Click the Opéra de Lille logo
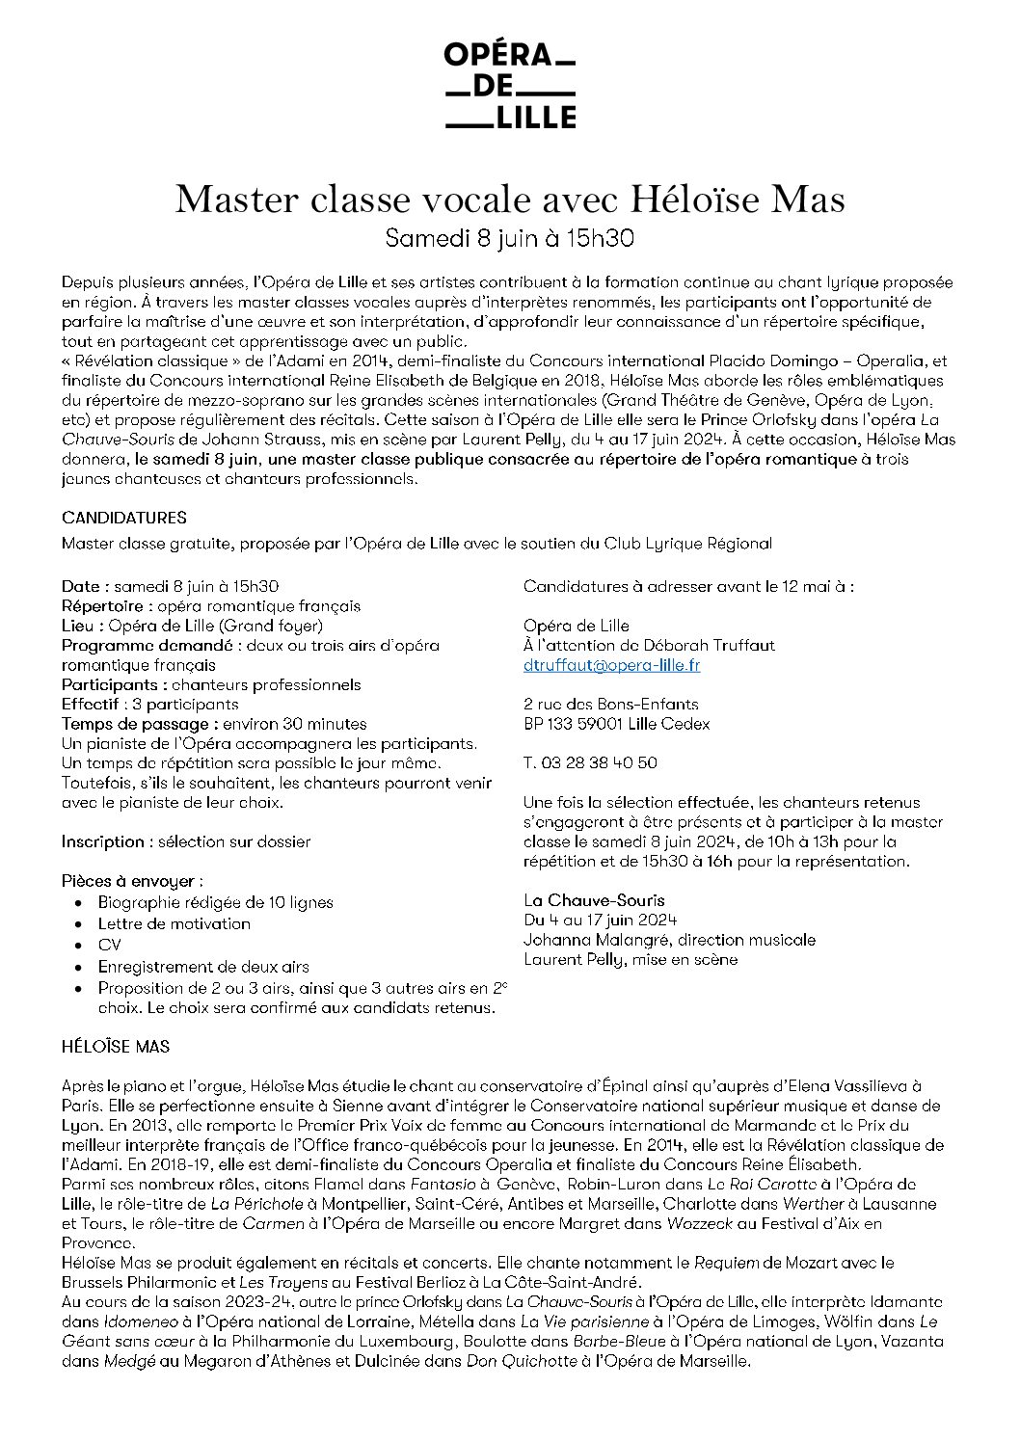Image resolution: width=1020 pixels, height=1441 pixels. [x=509, y=86]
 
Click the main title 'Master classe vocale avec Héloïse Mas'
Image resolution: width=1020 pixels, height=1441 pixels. [x=510, y=199]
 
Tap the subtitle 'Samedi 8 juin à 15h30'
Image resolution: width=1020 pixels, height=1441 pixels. [x=510, y=237]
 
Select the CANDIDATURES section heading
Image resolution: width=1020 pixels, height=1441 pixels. [x=124, y=518]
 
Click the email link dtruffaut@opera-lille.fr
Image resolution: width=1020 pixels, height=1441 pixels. [x=611, y=665]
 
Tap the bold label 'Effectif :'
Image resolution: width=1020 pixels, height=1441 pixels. [x=93, y=704]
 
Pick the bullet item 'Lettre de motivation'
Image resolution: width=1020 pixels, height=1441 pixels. [x=174, y=923]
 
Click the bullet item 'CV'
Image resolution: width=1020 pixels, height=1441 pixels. [x=109, y=945]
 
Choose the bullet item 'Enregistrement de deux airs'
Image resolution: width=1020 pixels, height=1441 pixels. [x=203, y=966]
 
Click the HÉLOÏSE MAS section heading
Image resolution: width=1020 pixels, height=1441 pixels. [x=116, y=1046]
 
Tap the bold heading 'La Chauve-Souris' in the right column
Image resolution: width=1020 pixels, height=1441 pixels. [x=594, y=900]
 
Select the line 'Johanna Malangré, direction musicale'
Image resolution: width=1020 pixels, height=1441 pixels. [x=669, y=939]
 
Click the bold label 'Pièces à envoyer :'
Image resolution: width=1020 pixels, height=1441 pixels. [x=132, y=881]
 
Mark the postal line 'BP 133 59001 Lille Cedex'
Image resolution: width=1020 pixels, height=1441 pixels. [x=616, y=723]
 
